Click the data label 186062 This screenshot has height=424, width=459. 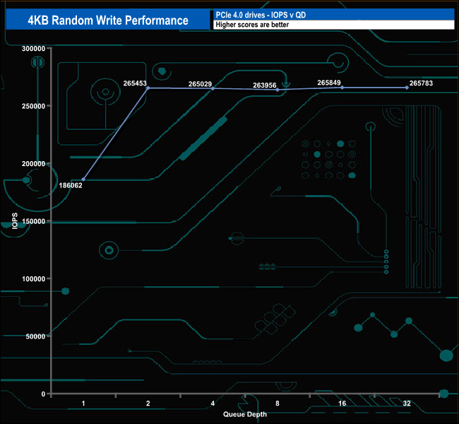[x=71, y=185]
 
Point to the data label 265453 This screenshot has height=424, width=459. [x=135, y=83]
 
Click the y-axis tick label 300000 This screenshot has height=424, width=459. [x=32, y=48]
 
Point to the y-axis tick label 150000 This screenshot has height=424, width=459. [x=32, y=221]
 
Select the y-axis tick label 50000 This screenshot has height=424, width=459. [x=35, y=336]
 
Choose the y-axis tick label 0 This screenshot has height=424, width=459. [x=44, y=394]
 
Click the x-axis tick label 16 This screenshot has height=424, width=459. [x=342, y=404]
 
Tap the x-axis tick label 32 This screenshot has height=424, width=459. [x=407, y=404]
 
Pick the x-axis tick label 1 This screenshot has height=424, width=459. [x=83, y=404]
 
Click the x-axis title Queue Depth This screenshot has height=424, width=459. [x=245, y=414]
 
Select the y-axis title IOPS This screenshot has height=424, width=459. [x=15, y=221]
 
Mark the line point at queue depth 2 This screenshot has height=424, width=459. [x=148, y=88]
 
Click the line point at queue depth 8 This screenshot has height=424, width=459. [x=278, y=90]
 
